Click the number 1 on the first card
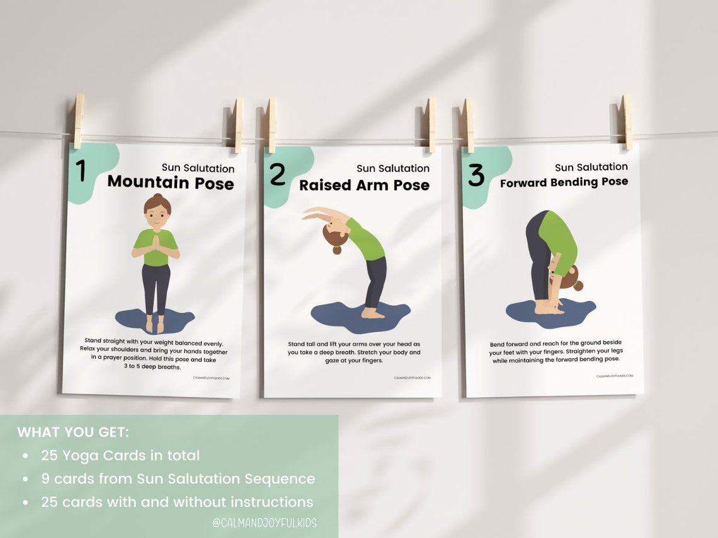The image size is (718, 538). (x=81, y=171)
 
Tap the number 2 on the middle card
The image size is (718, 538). (x=278, y=174)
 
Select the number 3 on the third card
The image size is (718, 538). (x=476, y=176)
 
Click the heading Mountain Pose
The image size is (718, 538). (x=170, y=182)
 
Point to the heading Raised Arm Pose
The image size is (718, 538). (x=364, y=185)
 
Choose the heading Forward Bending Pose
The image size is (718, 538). (x=564, y=182)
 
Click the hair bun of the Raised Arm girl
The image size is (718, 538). (x=337, y=250)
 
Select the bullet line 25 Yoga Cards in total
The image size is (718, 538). (x=120, y=455)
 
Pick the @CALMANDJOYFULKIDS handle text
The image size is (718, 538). (x=264, y=522)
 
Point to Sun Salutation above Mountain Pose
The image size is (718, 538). (x=198, y=168)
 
